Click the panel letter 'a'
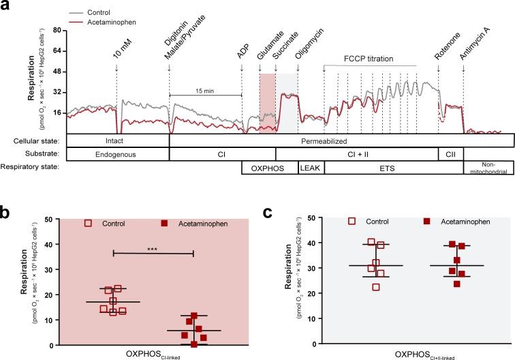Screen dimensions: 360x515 6,6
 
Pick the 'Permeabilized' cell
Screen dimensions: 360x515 341,140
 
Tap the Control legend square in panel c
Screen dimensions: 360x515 352,222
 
